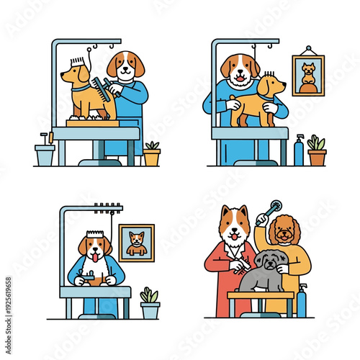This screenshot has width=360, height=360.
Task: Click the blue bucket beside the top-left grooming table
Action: click(45, 154)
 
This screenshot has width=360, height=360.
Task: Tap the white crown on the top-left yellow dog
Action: click(78, 62)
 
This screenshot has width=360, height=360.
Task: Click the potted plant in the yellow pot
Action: click(152, 154)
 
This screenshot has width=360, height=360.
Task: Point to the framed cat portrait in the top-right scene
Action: click(308, 76)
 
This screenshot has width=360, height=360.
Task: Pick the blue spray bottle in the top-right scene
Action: click(299, 151)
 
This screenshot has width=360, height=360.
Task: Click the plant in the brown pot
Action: click(317, 152)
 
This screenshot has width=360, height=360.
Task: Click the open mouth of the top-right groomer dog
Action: click(240, 76)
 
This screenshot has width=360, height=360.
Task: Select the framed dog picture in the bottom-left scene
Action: click(136, 243)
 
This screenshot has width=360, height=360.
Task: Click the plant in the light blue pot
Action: click(150, 305)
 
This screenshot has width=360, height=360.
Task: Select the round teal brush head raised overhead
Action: click(270, 210)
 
